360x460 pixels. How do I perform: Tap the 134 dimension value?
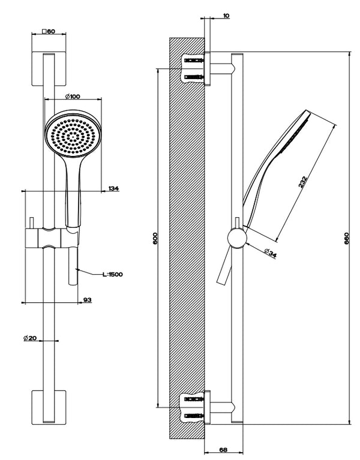pyautogui.click(x=114, y=189)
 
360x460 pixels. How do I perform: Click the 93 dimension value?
pyautogui.click(x=87, y=299)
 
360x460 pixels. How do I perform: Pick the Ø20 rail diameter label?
pyautogui.click(x=31, y=338)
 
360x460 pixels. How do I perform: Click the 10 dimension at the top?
pyautogui.click(x=225, y=16)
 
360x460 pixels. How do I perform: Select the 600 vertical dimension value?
pyautogui.click(x=154, y=238)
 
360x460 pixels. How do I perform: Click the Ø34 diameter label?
pyautogui.click(x=269, y=254)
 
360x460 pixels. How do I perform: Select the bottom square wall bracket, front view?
pyautogui.click(x=49, y=407)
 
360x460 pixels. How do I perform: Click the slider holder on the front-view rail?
pyautogui.click(x=52, y=238)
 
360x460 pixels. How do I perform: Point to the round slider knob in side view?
pyautogui.click(x=236, y=238)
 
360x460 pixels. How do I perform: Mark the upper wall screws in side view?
pyautogui.click(x=194, y=69)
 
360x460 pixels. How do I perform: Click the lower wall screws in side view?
pyautogui.click(x=194, y=406)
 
